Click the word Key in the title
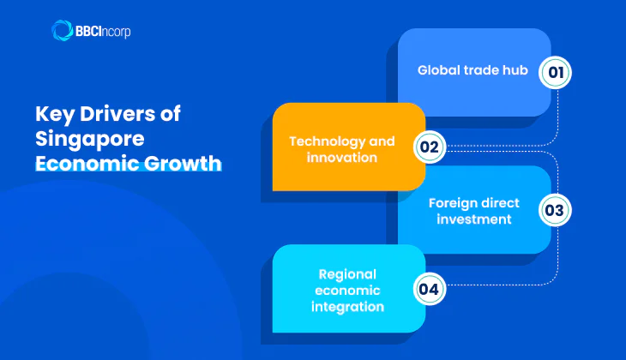(51, 114)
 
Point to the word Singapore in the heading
(82, 138)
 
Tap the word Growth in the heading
(180, 162)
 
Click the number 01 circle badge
(555, 73)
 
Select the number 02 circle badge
(429, 147)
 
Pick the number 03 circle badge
(555, 209)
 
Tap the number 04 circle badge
(429, 288)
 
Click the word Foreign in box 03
(451, 203)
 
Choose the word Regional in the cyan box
(346, 275)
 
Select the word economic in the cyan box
(346, 291)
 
